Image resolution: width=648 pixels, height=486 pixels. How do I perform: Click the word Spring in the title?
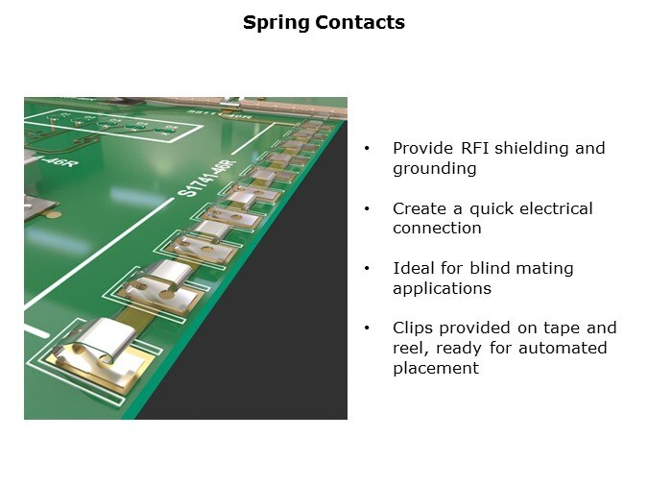coord(276,23)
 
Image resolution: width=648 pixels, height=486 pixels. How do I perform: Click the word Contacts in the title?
coord(360,22)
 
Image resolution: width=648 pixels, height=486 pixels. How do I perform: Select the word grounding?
coord(435,169)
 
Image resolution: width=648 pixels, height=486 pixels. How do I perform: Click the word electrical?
coord(556,208)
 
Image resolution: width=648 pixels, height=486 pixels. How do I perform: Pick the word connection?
coord(437,228)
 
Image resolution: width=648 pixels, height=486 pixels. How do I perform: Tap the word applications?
coord(443,288)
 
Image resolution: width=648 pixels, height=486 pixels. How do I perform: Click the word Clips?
coord(413,328)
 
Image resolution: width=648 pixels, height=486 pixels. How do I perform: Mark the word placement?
coord(436,368)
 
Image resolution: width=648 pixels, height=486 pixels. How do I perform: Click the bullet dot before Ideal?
coord(367,269)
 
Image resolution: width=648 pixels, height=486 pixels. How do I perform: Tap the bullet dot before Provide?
coord(367,149)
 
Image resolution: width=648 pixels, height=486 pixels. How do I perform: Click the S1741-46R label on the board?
coord(206,178)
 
